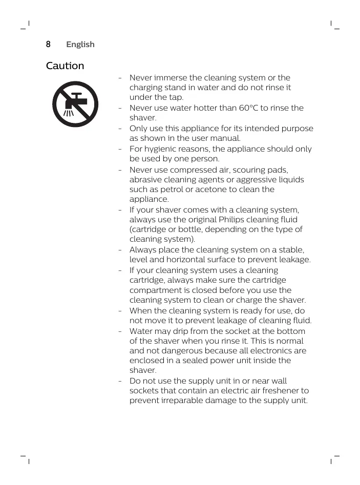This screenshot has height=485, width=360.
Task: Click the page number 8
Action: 48,45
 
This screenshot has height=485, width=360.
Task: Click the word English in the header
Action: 80,45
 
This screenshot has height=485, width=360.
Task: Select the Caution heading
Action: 65,66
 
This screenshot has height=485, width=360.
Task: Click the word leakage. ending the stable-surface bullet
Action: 294,260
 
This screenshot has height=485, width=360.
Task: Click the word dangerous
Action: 182,351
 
